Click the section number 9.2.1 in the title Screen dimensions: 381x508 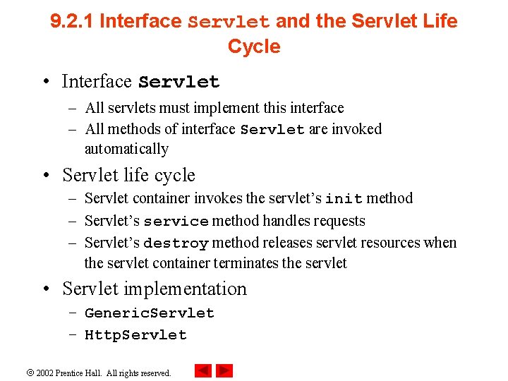click(73, 21)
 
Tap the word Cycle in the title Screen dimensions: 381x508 click(254, 47)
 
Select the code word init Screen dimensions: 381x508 click(345, 199)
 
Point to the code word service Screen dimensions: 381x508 click(176, 222)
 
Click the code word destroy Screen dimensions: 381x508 click(176, 243)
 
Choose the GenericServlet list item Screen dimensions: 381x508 click(149, 313)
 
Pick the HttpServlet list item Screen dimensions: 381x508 click(135, 335)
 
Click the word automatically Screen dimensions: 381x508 click(126, 149)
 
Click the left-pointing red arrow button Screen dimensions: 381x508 click(203, 370)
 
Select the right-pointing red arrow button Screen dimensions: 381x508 click(224, 370)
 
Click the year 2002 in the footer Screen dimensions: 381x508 click(45, 373)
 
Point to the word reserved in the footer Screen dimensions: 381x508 click(155, 373)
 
